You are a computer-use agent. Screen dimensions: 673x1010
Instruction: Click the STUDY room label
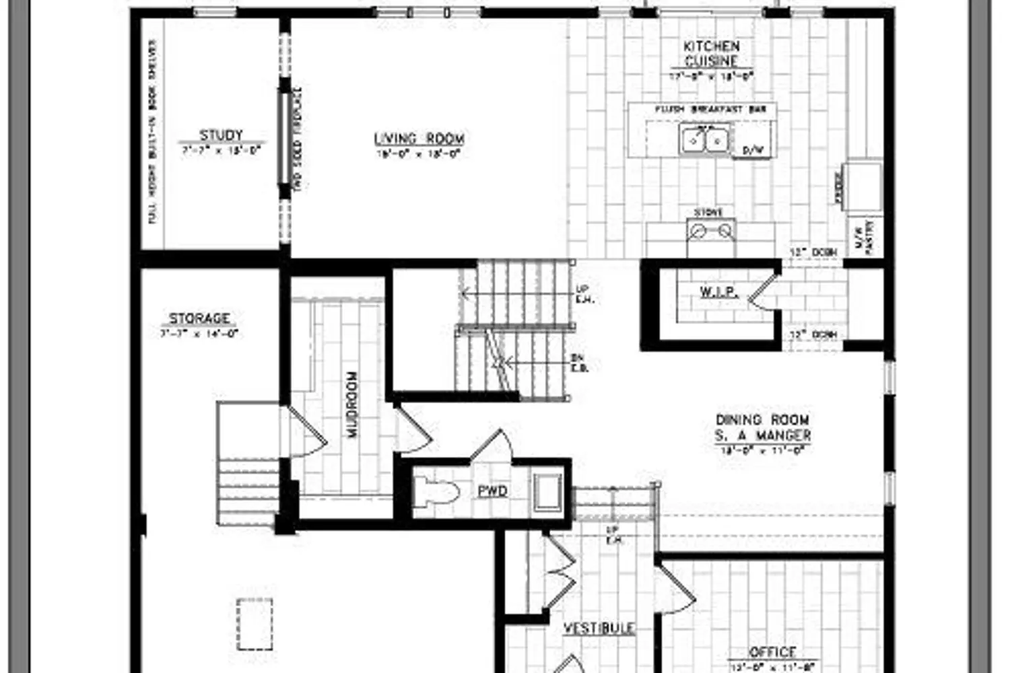coord(221,135)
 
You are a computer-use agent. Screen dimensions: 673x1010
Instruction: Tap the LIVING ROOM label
coord(419,139)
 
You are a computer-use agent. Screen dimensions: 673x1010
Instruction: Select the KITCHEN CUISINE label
coord(711,53)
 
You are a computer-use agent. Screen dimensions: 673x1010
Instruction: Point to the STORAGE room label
coord(199,318)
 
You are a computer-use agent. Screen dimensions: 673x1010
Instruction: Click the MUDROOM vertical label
coord(353,404)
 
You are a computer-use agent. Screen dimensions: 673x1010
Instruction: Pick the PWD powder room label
coord(492,491)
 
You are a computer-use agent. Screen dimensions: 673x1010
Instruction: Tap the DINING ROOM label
coord(762,427)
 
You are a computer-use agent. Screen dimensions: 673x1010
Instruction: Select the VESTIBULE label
coord(599,628)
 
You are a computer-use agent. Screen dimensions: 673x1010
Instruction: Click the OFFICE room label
coord(772,651)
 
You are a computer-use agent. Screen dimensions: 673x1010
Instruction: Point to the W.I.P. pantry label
coord(718,292)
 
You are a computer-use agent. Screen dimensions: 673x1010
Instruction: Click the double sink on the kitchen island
coord(704,140)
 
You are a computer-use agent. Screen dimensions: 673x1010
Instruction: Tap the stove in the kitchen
coord(711,232)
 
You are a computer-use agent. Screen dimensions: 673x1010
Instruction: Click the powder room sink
coord(546,491)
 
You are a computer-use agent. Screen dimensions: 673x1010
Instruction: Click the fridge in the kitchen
coord(863,185)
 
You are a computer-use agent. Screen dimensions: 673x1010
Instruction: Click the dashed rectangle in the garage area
coord(255,624)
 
